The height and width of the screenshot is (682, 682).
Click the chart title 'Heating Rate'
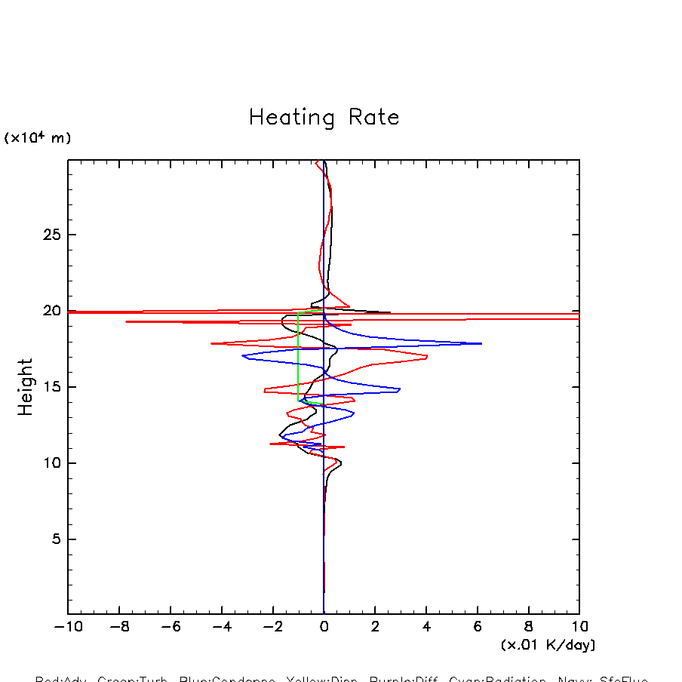point(324,118)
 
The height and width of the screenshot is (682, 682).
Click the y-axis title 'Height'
point(26,386)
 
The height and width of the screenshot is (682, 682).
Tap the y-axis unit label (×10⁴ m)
point(38,138)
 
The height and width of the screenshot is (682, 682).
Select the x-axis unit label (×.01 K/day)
point(548,645)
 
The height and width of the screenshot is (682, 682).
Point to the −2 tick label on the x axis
point(272,627)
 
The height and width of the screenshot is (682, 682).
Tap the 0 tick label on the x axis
point(324,627)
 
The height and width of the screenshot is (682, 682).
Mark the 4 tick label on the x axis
point(426,627)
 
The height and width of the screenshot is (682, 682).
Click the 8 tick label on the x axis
point(528,627)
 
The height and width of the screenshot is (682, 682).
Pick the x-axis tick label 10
point(579,627)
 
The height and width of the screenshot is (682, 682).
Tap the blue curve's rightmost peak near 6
point(481,344)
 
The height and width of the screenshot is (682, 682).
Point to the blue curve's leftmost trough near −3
point(243,356)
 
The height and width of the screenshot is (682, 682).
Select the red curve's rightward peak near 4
point(427,356)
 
